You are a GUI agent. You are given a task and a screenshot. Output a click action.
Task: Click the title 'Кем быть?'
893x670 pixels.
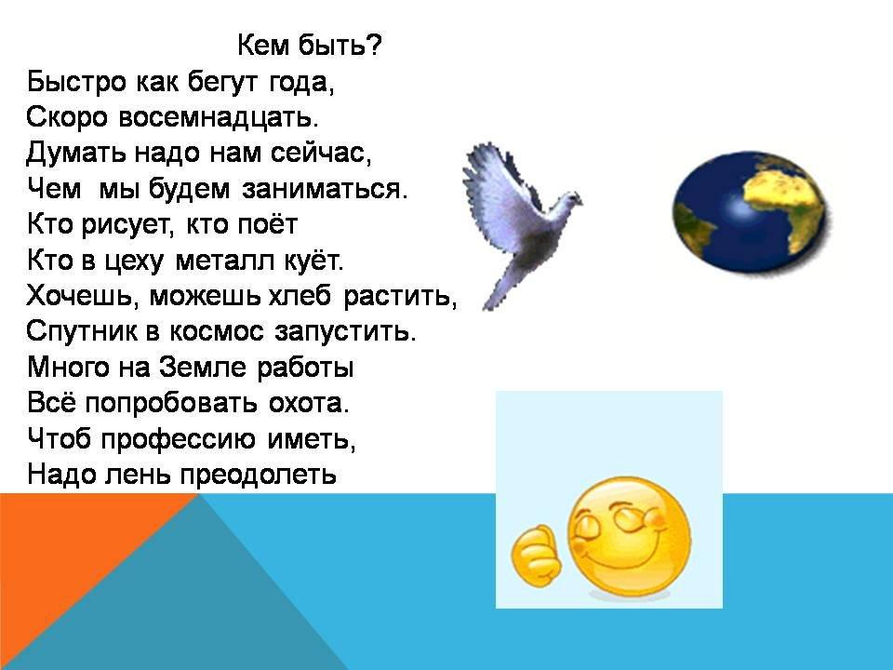310,46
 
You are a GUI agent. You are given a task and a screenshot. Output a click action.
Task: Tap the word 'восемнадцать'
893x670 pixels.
220,117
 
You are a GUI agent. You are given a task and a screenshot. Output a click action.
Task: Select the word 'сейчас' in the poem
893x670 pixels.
321,153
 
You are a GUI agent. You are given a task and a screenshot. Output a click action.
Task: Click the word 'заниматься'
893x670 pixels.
325,189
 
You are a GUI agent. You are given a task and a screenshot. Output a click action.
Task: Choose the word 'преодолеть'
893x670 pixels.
258,475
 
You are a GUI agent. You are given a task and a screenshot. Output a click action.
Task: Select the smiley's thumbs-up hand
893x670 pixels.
536,556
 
